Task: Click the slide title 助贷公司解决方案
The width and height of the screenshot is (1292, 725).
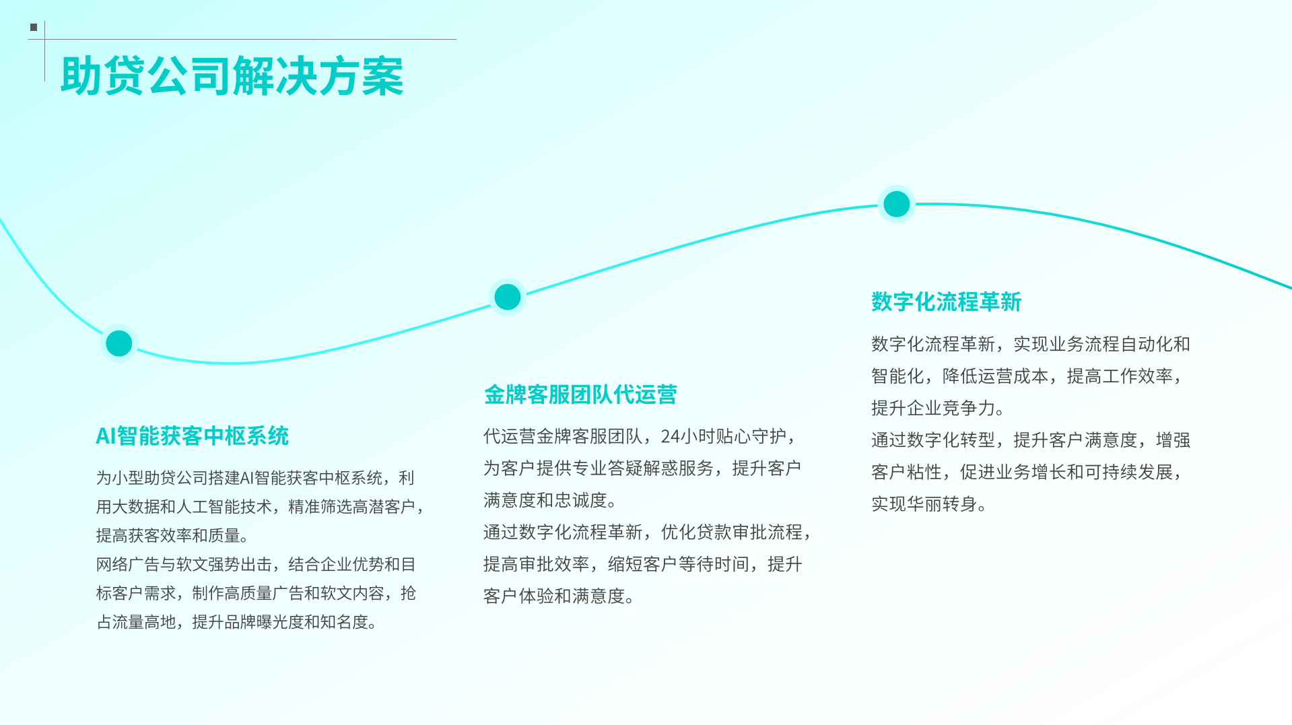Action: pos(232,76)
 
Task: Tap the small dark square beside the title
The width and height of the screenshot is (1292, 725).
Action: pos(34,28)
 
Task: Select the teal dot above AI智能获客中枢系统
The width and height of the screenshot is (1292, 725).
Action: pos(119,343)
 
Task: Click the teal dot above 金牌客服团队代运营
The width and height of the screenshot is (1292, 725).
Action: pos(508,297)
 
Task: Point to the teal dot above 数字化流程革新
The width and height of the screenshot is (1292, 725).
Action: pos(897,204)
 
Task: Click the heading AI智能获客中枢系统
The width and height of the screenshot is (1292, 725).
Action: pos(192,436)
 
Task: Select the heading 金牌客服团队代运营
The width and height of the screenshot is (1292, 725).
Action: pos(580,394)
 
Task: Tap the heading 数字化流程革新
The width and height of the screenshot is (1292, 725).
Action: pos(946,302)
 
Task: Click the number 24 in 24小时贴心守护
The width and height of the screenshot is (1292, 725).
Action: pos(670,437)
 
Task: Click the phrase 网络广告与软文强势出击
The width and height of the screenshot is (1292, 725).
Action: pos(183,565)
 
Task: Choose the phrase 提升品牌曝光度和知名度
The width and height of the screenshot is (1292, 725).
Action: pos(279,622)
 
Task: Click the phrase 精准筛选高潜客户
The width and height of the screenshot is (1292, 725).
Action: pos(351,507)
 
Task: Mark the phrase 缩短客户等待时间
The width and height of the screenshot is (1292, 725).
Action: pos(678,565)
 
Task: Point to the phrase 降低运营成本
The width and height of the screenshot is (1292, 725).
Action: pos(995,376)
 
